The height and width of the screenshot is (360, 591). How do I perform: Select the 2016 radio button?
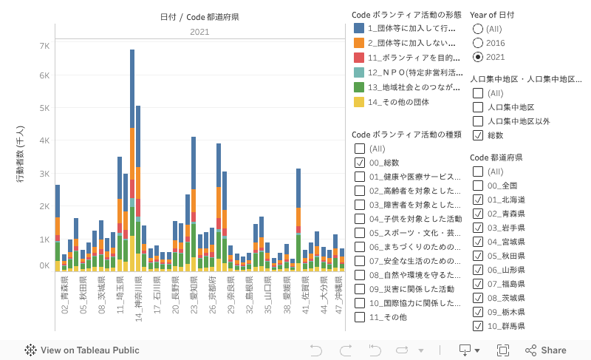click(x=478, y=42)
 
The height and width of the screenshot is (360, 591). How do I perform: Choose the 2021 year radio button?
click(x=478, y=56)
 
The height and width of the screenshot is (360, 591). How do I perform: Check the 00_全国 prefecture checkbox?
click(x=478, y=186)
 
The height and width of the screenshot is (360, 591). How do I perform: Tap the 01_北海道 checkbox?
click(x=478, y=200)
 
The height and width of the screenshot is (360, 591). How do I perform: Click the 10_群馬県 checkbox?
click(x=478, y=326)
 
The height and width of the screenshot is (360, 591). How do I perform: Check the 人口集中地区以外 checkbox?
click(x=478, y=121)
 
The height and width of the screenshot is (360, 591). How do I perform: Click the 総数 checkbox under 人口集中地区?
click(x=478, y=135)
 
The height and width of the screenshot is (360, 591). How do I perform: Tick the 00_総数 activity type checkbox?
click(x=360, y=163)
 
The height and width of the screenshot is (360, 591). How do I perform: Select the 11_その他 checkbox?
click(x=360, y=317)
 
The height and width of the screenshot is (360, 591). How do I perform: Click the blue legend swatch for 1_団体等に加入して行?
click(x=359, y=28)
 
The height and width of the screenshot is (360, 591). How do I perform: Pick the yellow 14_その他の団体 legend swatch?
click(x=359, y=102)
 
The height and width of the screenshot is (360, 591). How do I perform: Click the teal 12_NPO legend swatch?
click(x=359, y=72)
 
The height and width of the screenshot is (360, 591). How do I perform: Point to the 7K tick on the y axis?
click(x=44, y=45)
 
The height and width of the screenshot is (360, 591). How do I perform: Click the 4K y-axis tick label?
click(x=44, y=140)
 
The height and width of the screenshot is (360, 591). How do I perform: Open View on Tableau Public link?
click(x=82, y=350)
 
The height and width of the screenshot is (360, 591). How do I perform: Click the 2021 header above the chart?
click(x=199, y=32)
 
